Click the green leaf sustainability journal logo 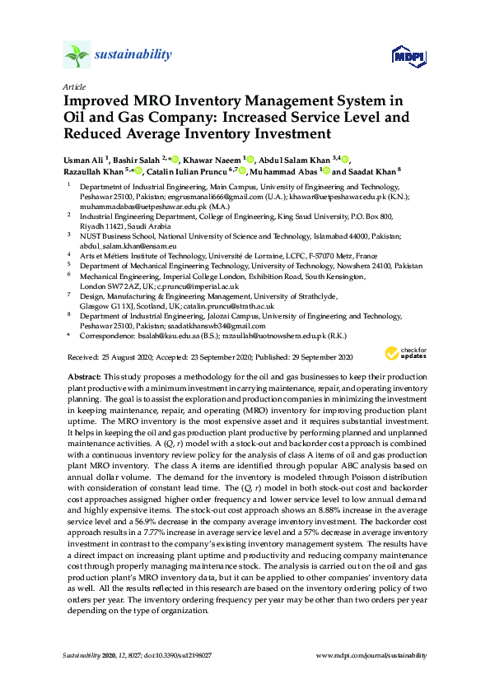77,56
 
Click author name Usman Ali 85,159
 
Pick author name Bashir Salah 135,159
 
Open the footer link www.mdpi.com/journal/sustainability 371,655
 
